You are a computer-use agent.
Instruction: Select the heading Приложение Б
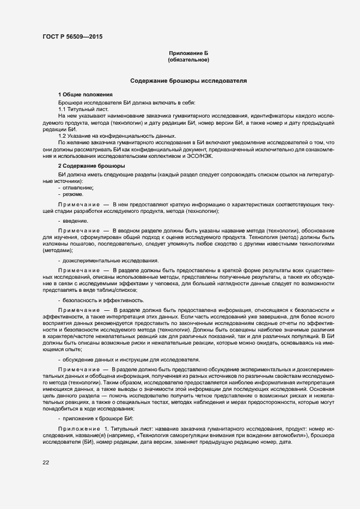(x=188, y=53)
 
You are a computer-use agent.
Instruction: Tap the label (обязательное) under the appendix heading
(x=188, y=60)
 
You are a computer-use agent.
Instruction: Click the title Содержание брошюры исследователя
(x=188, y=81)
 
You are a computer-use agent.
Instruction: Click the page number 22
(x=46, y=463)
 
